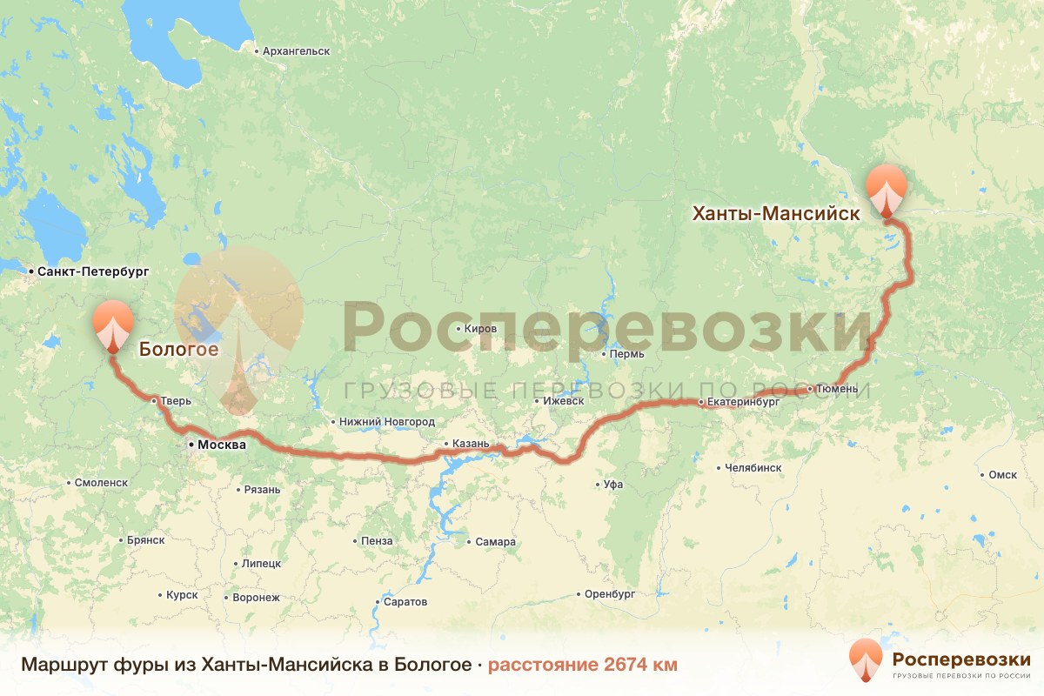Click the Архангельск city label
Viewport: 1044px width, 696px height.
[x=296, y=51]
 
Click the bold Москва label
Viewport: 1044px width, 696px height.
[x=222, y=445]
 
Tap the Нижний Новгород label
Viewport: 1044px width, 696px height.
[x=386, y=422]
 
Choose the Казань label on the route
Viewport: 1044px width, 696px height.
[x=472, y=444]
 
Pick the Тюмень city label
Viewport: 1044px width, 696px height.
[x=838, y=388]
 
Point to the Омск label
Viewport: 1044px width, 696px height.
[x=1002, y=475]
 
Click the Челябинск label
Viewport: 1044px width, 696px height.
[x=753, y=468]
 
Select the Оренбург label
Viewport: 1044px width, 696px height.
[x=611, y=594]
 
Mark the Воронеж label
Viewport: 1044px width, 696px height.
[x=256, y=598]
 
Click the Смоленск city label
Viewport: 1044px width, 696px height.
[x=101, y=482]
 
